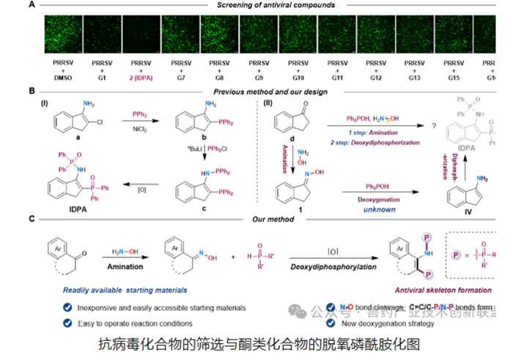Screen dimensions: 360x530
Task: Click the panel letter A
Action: [32, 5]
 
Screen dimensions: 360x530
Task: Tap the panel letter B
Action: [32, 92]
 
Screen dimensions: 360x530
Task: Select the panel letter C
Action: [32, 218]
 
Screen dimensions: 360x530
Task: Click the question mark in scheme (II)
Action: [435, 125]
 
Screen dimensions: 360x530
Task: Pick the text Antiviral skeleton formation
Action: [448, 290]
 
